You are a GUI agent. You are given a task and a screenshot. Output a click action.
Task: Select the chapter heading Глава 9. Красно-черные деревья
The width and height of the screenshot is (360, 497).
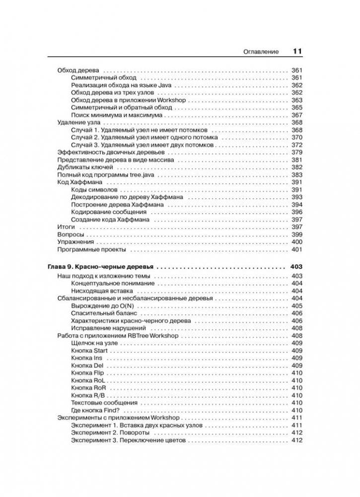coord(100,267)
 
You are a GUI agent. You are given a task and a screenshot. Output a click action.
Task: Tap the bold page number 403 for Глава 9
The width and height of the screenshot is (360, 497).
coord(296,267)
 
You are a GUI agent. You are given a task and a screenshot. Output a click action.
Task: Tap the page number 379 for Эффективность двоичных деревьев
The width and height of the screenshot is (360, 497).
coord(297,152)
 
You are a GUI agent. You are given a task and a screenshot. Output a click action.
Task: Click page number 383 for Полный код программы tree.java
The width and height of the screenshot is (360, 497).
coord(297,175)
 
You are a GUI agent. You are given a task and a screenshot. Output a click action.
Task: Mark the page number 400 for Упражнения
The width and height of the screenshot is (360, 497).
coord(297,242)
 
